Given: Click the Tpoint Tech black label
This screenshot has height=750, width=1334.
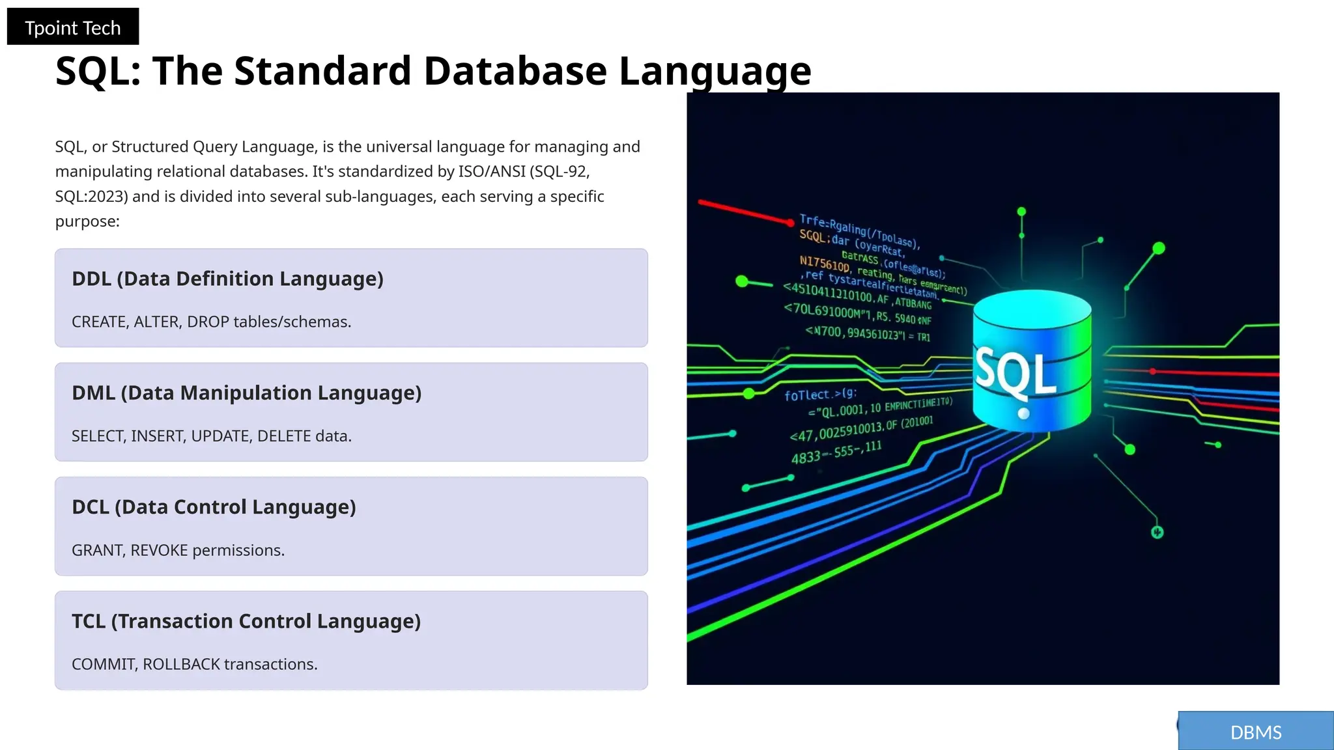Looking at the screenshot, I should pyautogui.click(x=72, y=27).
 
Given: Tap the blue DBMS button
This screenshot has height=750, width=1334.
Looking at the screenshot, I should pyautogui.click(x=1255, y=732).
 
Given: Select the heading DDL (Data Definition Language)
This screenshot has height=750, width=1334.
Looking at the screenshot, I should pyautogui.click(x=227, y=279).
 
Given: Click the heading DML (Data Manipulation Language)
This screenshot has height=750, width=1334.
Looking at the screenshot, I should pyautogui.click(x=246, y=393).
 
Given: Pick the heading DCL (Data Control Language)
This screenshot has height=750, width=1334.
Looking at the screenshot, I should pyautogui.click(x=214, y=507).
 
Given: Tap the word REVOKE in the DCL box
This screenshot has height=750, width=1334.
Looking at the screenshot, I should pyautogui.click(x=159, y=550).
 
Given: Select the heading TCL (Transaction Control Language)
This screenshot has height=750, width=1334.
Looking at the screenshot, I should pyautogui.click(x=246, y=621).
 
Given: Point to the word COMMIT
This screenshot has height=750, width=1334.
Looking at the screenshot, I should pyautogui.click(x=103, y=664).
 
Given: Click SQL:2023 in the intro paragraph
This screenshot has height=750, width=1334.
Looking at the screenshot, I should pyautogui.click(x=91, y=197).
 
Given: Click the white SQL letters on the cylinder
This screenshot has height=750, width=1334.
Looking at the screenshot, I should pyautogui.click(x=1015, y=372).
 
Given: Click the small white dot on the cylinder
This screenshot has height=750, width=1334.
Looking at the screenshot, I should pyautogui.click(x=1023, y=413).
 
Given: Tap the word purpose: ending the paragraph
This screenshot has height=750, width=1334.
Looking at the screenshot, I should pyautogui.click(x=87, y=221).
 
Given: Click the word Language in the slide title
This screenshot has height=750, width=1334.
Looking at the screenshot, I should pyautogui.click(x=715, y=70).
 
